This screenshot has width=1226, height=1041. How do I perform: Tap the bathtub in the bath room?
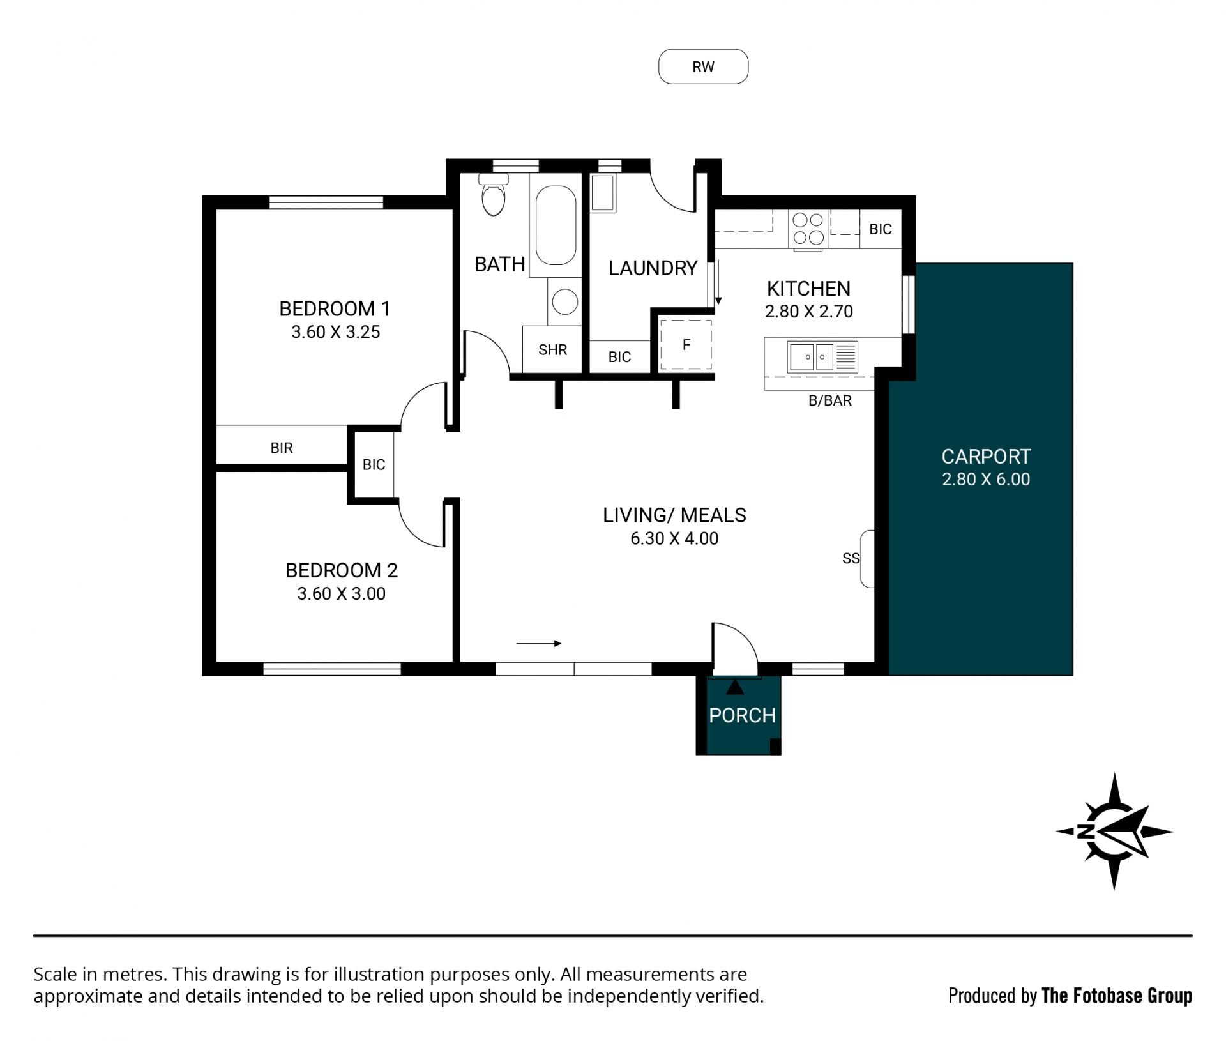pos(556,225)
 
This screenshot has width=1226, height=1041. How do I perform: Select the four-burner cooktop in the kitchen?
pos(808,229)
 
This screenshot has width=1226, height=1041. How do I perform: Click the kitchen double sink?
pos(811,356)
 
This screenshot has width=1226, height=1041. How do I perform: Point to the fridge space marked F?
pos(686,345)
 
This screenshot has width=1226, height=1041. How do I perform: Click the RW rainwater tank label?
pos(703,67)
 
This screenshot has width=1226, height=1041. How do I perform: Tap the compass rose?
pos(1114,832)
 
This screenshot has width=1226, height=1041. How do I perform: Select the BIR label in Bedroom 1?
pos(282,448)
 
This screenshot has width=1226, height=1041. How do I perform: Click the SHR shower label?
pos(552,349)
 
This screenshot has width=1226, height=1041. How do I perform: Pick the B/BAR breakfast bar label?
pos(830,400)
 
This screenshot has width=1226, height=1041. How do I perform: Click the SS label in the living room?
pos(851,558)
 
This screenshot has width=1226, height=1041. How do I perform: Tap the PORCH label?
pos(742,715)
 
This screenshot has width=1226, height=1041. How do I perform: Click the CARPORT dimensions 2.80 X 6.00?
pos(986,479)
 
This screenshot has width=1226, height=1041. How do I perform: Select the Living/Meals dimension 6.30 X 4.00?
pos(674,538)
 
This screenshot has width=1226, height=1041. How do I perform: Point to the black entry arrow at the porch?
pos(735,687)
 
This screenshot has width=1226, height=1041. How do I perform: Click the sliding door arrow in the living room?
pos(539,644)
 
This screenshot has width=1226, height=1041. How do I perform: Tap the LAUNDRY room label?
pos(653,268)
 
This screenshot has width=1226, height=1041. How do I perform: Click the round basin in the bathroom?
pos(564,301)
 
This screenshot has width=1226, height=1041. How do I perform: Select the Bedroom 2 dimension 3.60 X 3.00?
pos(341,593)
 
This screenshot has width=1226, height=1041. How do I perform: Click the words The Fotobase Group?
pos(1117,996)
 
